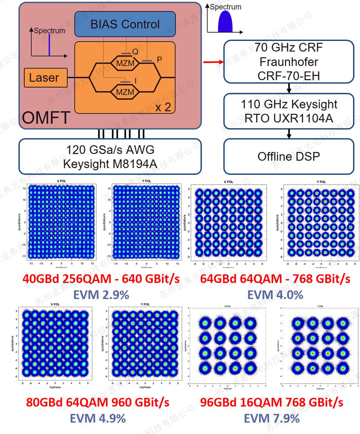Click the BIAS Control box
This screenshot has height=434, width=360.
point(125,24)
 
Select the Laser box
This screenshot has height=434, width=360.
point(44,78)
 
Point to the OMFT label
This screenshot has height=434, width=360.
point(46,118)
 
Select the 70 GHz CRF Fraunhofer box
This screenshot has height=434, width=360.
point(288,62)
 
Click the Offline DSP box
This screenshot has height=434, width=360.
point(288,156)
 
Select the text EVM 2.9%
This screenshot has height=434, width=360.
point(97,295)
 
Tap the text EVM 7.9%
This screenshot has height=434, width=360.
point(271,418)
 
